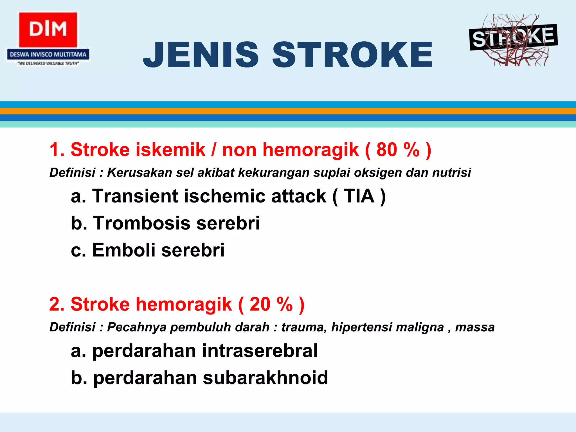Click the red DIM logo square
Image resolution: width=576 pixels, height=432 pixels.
pos(48,30)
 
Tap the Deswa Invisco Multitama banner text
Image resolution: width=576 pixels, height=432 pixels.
pos(48,55)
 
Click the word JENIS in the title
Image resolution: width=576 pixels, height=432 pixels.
pos(201,55)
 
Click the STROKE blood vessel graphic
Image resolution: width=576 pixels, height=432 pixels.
pos(513,40)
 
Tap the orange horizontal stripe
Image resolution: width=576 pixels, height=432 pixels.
pos(288,111)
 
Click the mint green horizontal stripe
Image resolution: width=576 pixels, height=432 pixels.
pos(288,124)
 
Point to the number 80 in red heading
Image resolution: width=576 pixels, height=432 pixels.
pos(387,150)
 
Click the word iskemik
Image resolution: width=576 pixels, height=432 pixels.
pos(170,150)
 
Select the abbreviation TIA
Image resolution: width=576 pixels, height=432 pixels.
pos(359,196)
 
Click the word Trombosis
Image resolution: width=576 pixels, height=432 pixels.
pos(142,223)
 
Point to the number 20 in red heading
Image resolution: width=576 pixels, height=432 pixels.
pos(260,304)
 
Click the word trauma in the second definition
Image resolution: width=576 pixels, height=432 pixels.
pos(304,327)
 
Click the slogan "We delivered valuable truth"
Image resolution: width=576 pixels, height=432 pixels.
pos(48,64)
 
